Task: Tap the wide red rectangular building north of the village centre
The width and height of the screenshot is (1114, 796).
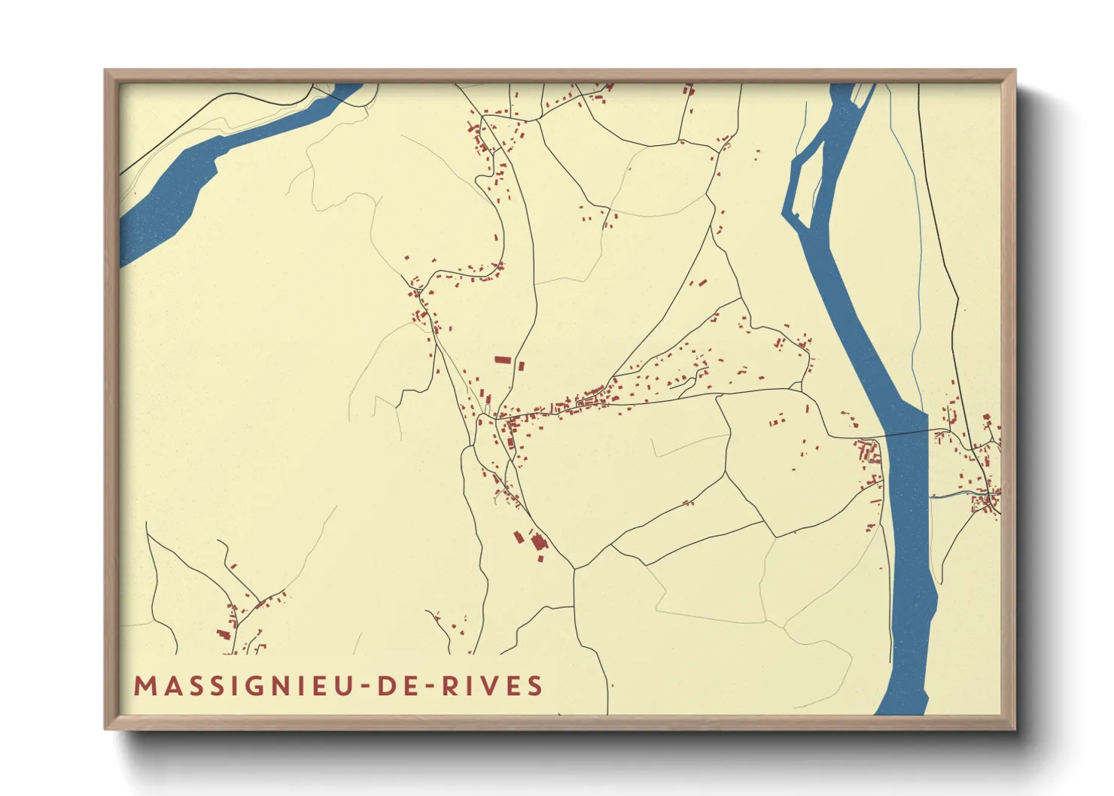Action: point(502,360)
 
